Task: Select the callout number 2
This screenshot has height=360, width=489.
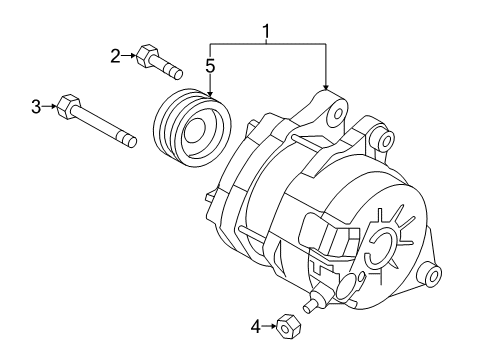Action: tap(115, 56)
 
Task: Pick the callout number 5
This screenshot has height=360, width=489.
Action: tap(210, 67)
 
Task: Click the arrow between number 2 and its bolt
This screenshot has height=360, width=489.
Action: tap(131, 56)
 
